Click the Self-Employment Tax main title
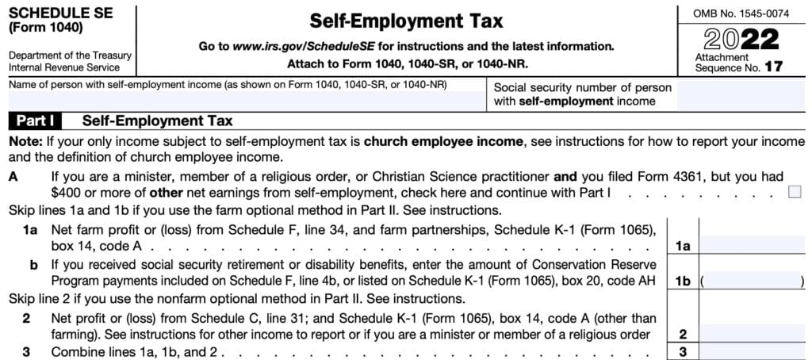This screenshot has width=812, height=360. pyautogui.click(x=405, y=21)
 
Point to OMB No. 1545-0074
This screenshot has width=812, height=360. pyautogui.click(x=741, y=13)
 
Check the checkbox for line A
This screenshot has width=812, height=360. pyautogui.click(x=795, y=191)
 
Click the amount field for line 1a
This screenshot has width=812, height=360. pyautogui.click(x=754, y=246)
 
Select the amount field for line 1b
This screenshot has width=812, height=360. pyautogui.click(x=753, y=281)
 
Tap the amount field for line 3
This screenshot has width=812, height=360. pyautogui.click(x=754, y=352)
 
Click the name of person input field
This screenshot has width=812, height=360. pyautogui.click(x=246, y=100)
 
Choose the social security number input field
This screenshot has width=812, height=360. pyautogui.click(x=744, y=94)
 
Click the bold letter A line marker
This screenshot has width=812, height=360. pyautogui.click(x=13, y=177)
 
